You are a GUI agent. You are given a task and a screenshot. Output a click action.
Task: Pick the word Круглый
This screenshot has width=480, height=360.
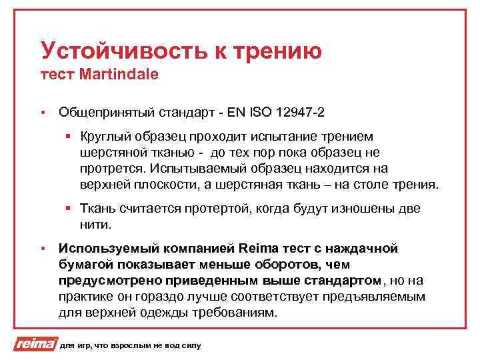click(x=101, y=137)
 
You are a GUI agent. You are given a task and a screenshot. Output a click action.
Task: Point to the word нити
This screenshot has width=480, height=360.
click(x=93, y=224)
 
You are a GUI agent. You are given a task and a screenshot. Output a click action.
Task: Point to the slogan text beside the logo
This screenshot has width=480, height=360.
click(x=129, y=345)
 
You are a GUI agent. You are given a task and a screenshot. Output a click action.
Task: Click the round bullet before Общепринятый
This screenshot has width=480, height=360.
click(x=42, y=112)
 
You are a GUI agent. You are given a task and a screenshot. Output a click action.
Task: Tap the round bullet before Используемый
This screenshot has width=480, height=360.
click(x=42, y=249)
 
